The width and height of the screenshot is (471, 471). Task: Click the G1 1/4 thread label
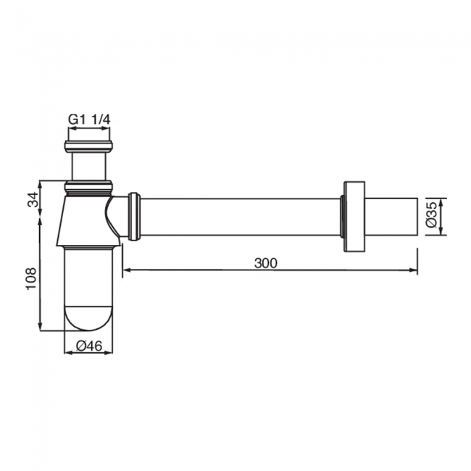tap(89, 120)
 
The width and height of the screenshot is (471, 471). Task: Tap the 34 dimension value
tap(33, 199)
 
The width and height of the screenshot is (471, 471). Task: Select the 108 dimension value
tap(31, 278)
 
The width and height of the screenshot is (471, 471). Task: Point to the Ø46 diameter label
tap(89, 346)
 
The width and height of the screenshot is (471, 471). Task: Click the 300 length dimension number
tap(266, 263)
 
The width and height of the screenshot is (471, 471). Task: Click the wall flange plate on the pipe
tap(354, 217)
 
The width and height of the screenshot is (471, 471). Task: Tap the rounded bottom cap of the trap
tap(89, 318)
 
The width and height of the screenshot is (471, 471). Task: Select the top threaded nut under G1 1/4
tap(88, 146)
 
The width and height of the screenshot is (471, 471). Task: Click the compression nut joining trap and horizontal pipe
tap(134, 217)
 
